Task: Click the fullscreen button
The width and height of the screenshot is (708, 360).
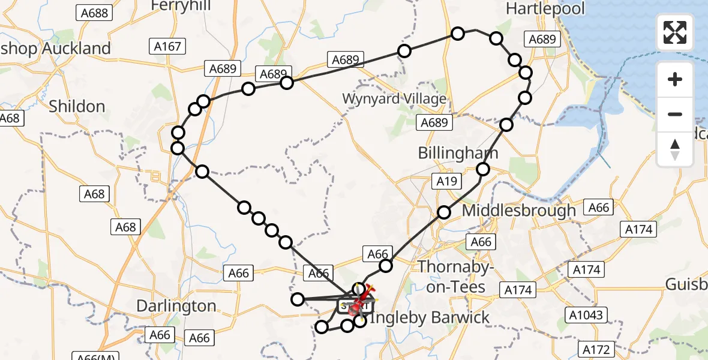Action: (675, 32)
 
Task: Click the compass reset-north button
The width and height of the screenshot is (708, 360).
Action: (675, 149)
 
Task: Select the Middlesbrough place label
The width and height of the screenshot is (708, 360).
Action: (518, 211)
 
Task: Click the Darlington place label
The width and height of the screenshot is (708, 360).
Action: (176, 306)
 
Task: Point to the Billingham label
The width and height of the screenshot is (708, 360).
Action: (458, 153)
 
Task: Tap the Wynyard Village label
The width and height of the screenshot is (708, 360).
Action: (394, 98)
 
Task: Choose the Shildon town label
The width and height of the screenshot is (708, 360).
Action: (77, 107)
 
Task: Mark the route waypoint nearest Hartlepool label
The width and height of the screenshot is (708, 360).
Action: (496, 38)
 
